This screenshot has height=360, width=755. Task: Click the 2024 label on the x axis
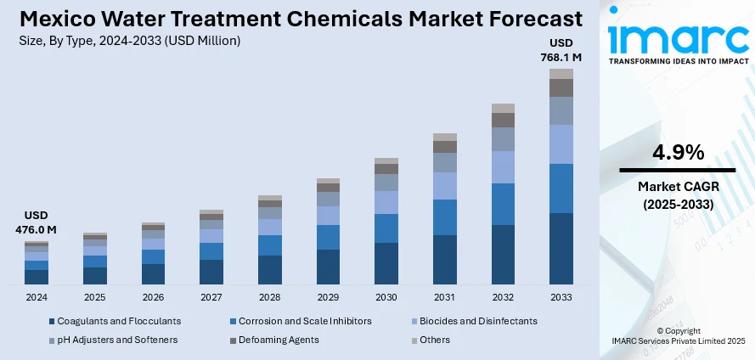click(37, 297)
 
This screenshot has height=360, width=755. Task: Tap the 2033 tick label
click(561, 297)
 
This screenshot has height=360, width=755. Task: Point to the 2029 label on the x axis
click(328, 297)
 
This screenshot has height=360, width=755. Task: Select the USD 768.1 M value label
click(561, 50)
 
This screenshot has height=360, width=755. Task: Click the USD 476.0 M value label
click(36, 222)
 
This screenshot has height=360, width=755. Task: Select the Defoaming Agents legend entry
click(276, 340)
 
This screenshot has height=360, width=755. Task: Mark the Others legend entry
click(432, 340)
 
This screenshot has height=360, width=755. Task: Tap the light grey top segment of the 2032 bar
click(503, 108)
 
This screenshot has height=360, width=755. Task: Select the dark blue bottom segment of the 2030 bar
click(386, 263)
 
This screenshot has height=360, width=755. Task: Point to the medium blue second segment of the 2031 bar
click(445, 217)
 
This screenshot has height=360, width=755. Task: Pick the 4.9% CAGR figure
click(677, 153)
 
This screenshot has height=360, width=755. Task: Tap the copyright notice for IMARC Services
click(677, 335)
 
